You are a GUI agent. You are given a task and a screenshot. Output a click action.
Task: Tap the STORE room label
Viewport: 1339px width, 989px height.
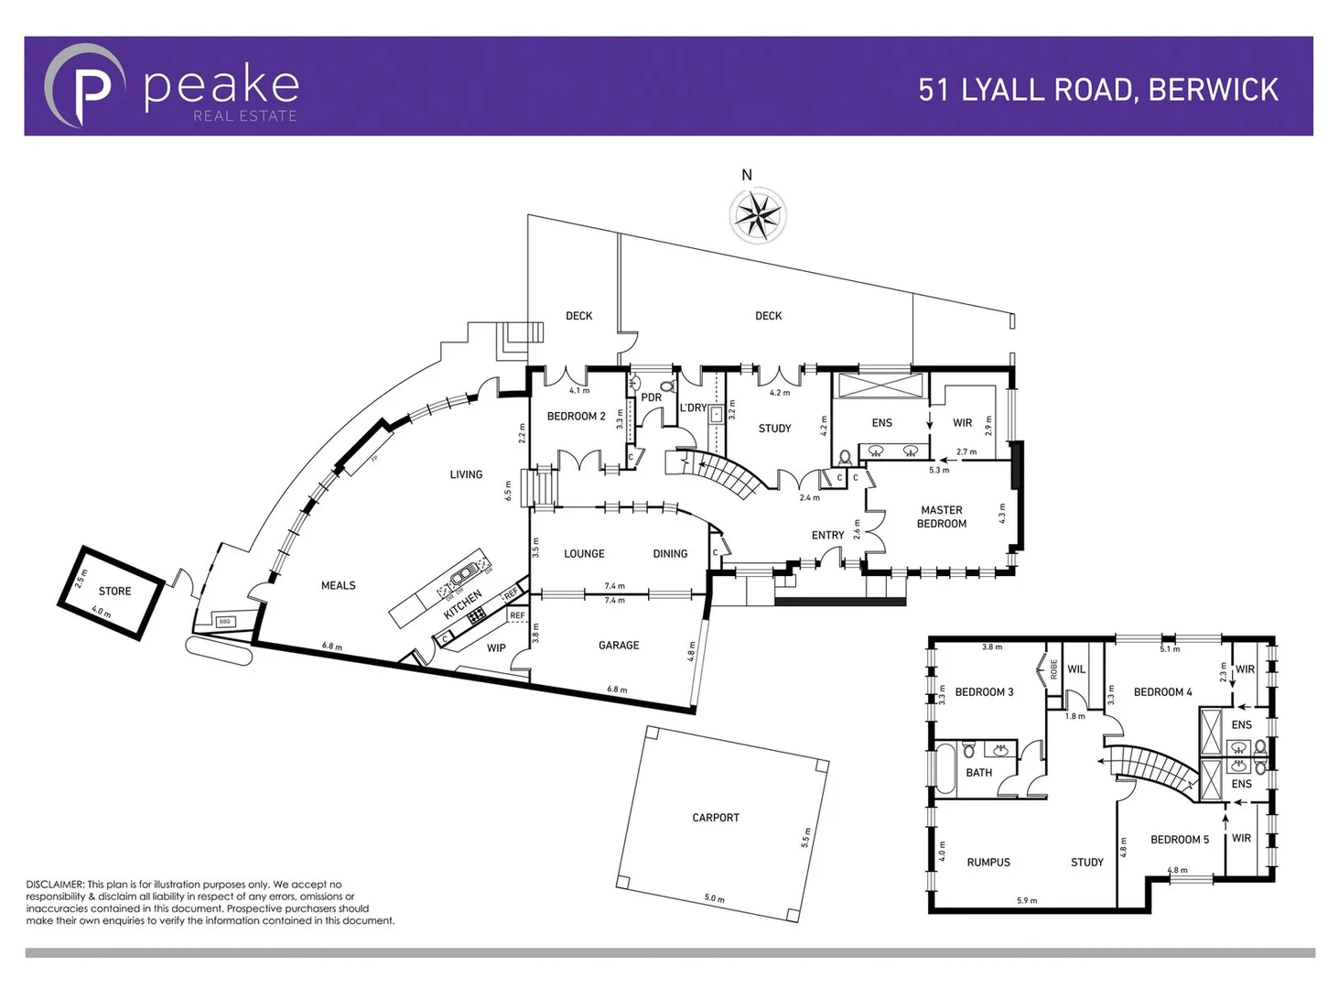(114, 591)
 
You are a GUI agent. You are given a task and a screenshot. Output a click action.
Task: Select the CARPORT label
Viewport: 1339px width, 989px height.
(716, 818)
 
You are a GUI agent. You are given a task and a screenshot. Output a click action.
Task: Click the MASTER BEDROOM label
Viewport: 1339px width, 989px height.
(942, 517)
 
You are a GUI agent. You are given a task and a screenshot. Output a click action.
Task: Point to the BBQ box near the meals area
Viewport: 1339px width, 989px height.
(225, 622)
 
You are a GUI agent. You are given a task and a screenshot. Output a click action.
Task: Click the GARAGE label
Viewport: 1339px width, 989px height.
(619, 646)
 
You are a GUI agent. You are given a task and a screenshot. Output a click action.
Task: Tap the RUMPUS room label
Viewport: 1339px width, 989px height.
(988, 863)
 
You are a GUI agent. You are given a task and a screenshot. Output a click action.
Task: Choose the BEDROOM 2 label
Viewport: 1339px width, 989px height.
(576, 417)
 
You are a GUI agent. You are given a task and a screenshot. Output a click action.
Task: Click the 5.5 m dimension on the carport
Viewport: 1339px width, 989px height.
(806, 836)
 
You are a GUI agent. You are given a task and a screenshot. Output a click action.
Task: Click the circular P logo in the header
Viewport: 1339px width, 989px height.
(86, 85)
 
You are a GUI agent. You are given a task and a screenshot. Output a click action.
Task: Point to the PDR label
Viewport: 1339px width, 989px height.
(651, 397)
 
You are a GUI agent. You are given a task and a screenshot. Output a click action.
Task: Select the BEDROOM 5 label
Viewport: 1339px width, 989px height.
(1179, 840)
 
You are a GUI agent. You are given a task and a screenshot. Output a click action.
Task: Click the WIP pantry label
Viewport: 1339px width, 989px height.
(496, 647)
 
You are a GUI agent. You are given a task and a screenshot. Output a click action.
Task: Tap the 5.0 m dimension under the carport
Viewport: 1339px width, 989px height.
(714, 898)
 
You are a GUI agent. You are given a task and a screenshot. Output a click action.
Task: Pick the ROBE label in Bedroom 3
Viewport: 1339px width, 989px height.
(1053, 669)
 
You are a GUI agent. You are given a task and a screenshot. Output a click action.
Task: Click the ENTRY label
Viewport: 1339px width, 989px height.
(827, 536)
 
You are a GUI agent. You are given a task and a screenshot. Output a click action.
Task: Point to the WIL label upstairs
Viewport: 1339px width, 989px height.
(1076, 669)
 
